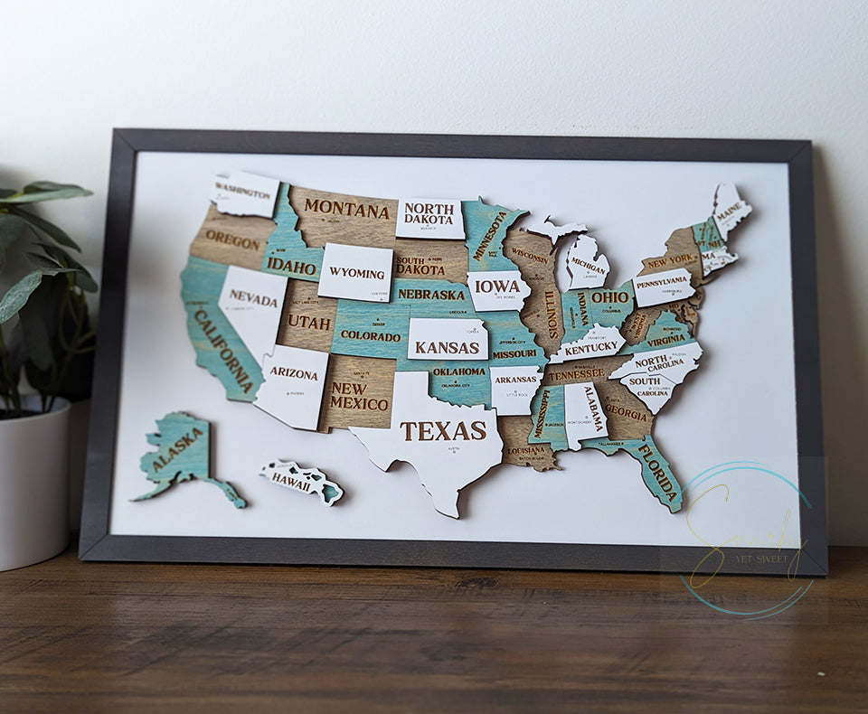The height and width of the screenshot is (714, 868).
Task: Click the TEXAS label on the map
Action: tap(443, 431)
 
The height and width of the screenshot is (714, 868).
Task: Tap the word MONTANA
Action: tap(346, 209)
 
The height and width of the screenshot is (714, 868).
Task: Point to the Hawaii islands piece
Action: tap(301, 479)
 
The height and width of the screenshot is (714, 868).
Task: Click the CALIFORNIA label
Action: tap(222, 351)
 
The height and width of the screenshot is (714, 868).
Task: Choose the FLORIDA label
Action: tap(657, 470)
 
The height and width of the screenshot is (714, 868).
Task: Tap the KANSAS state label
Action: tap(447, 347)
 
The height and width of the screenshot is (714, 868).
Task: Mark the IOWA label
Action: tap(497, 287)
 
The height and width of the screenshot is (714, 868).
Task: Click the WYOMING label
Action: tap(356, 272)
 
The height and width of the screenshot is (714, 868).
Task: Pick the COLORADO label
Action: tap(371, 336)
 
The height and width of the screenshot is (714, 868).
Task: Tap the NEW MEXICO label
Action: tap(360, 396)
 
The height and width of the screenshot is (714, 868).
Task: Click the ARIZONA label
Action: tap(294, 373)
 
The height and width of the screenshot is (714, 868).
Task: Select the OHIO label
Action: tap(610, 297)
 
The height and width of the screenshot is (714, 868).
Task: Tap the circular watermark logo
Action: tap(746, 540)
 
